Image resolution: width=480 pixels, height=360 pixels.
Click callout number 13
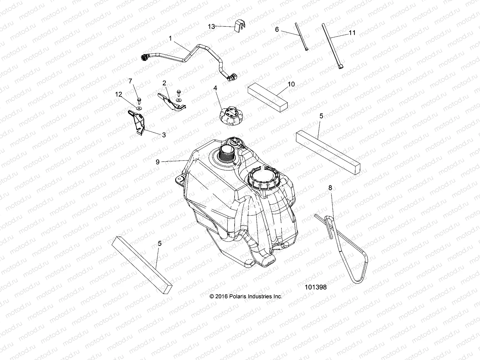211,27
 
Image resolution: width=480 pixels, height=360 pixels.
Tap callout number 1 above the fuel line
170,38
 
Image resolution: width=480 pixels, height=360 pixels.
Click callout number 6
277,29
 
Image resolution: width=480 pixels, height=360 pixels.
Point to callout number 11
352,33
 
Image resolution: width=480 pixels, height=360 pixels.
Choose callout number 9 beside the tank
157,162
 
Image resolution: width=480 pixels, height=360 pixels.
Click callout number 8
330,188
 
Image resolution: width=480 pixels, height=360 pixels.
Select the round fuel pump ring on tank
264,177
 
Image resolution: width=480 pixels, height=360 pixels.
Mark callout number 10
291,84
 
